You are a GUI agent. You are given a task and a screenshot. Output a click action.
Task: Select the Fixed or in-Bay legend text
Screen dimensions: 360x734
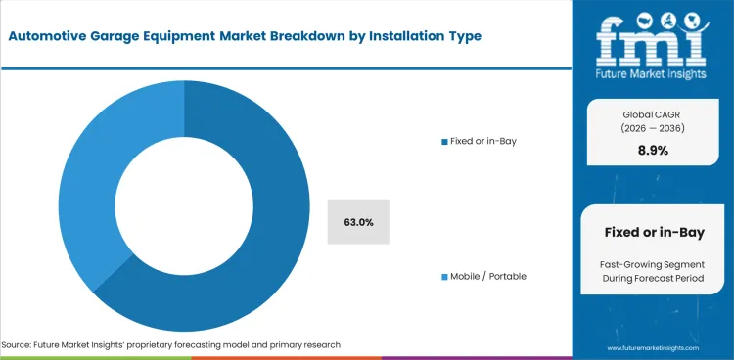pos(482,142)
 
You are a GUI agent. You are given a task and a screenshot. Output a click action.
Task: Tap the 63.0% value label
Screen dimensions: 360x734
pos(358,222)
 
